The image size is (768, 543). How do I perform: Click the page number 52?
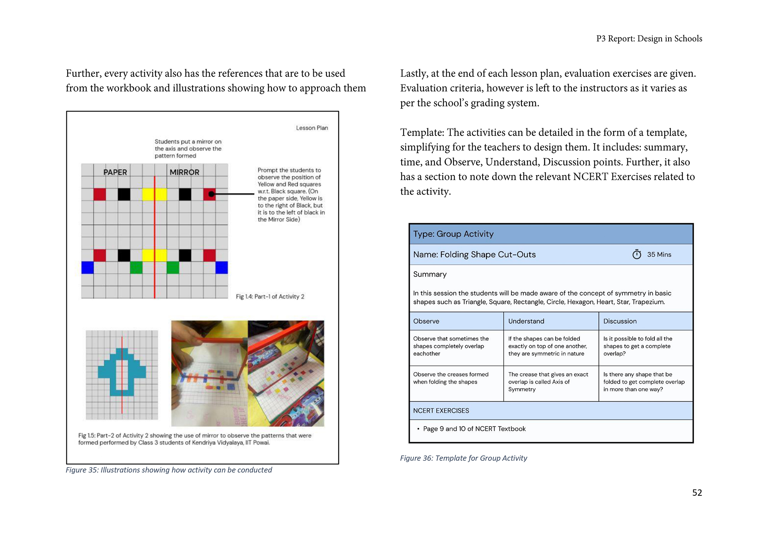(x=697, y=493)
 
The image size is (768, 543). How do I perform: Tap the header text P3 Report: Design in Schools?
(x=649, y=39)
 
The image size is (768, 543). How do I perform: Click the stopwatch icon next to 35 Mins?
(x=637, y=254)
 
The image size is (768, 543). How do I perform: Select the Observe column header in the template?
(x=456, y=321)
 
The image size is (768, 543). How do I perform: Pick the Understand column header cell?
(x=551, y=321)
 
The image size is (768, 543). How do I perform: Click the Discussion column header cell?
(x=646, y=321)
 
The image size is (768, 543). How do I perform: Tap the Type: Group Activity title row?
(x=551, y=234)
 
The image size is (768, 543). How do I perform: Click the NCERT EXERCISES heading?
(x=441, y=411)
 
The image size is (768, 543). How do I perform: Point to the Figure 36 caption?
(x=463, y=458)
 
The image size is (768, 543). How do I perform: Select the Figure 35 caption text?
(x=169, y=470)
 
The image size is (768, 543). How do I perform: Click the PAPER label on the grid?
(x=115, y=172)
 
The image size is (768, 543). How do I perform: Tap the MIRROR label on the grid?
(x=184, y=172)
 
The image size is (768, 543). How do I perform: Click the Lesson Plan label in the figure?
(x=312, y=128)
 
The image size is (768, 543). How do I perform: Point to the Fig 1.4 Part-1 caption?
(x=270, y=296)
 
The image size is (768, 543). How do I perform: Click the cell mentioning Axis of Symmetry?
(x=551, y=383)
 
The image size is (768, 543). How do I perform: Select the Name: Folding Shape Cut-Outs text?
(x=474, y=254)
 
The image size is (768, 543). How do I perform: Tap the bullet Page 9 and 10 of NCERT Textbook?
(x=471, y=429)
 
